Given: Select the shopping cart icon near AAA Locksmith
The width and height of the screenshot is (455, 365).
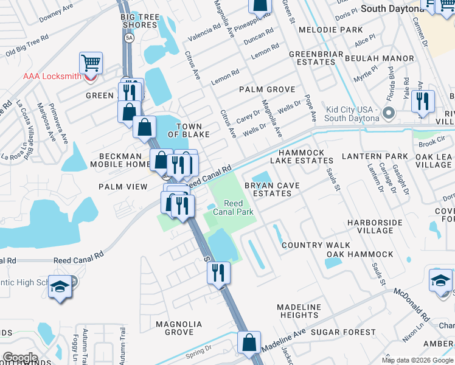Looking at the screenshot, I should coord(91,63).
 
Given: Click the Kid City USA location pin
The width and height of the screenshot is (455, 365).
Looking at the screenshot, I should coord(389,113).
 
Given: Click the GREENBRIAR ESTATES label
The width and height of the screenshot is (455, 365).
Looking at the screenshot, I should coord(313,58).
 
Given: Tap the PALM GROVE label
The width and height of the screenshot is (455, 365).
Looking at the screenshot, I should coord(267,89).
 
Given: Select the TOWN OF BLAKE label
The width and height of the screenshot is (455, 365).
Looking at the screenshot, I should coord(189,130).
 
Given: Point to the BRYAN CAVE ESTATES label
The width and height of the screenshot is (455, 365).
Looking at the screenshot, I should coord(272,189).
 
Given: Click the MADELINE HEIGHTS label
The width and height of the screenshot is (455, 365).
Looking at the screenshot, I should coord(299,311).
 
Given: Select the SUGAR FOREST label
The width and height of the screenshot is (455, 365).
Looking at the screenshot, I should coord(344,332).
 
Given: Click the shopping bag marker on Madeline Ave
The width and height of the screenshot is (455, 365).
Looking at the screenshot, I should coord(249,342).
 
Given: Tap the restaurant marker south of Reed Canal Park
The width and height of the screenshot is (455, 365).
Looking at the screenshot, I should coord(219,273).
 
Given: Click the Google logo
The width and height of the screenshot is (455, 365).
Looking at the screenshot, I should coord(20,358).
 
